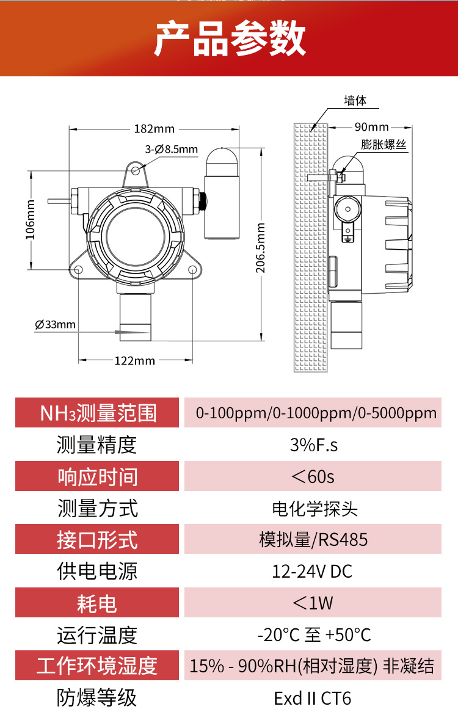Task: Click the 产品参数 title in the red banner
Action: [229, 38]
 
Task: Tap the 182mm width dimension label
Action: [154, 129]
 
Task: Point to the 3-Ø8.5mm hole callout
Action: [172, 149]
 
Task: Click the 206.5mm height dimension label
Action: [261, 247]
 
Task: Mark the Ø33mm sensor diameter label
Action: [56, 324]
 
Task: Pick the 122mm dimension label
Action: [135, 360]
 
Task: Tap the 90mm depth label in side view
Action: [371, 127]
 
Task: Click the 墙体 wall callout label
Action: [355, 101]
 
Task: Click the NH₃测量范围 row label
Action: [98, 413]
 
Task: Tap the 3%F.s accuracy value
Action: [313, 445]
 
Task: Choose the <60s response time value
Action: [313, 476]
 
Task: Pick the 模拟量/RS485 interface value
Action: [313, 540]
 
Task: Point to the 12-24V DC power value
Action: [312, 572]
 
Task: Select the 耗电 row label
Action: [97, 603]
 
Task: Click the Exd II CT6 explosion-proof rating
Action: [313, 698]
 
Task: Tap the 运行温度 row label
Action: [97, 635]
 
